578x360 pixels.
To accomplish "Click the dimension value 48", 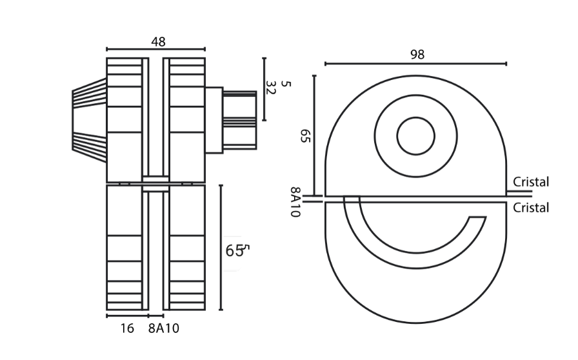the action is pos(158,42).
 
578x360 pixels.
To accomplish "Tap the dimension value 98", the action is pos(417,55).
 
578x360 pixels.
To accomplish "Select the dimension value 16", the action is pos(127,328).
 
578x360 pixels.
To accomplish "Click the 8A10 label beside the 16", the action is pos(164,328).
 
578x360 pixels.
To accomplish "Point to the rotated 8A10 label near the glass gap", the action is pos(296,202).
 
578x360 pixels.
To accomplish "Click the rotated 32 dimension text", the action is pos(271,88).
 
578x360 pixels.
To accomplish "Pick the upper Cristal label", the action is pos(531,182).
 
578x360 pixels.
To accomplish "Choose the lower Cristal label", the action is pos(531,208).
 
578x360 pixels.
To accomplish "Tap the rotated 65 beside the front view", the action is pos(306,135).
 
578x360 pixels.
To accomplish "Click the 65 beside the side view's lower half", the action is pos(234,251).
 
